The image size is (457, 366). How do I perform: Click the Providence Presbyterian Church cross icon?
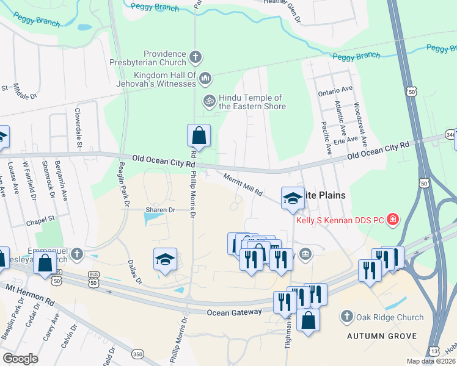pyautogui.click(x=195, y=57)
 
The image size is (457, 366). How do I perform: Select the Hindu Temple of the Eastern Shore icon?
pyautogui.click(x=210, y=100)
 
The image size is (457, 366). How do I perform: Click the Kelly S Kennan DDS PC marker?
pyautogui.click(x=392, y=219)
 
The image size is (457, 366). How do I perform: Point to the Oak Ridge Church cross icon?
pyautogui.click(x=346, y=317)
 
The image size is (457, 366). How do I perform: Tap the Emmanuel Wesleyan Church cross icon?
pyautogui.click(x=76, y=253)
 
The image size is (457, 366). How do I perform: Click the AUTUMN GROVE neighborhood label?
pyautogui.click(x=382, y=336)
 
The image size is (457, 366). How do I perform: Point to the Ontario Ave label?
pyautogui.click(x=335, y=90)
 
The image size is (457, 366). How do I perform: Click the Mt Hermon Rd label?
pyautogui.click(x=31, y=290)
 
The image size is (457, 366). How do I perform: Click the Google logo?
pyautogui.click(x=20, y=358)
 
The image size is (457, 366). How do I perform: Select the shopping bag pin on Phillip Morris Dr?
pyautogui.click(x=199, y=135)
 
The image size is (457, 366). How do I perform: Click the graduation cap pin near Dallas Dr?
pyautogui.click(x=165, y=259)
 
